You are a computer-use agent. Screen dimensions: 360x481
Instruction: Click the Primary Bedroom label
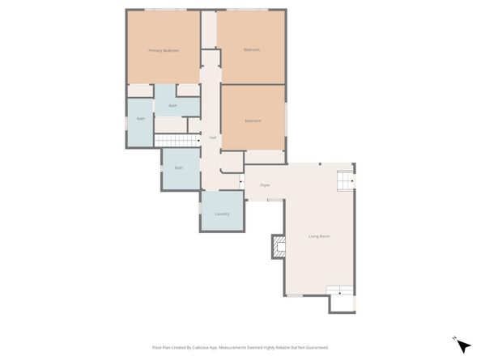click(163, 50)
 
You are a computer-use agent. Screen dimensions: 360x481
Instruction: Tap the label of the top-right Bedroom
click(252, 50)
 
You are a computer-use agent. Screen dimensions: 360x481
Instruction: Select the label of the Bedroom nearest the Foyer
click(253, 121)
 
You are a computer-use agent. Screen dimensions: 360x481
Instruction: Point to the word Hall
click(212, 138)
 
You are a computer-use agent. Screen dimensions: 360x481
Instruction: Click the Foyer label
click(264, 185)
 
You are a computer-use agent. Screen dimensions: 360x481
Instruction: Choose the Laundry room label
click(222, 214)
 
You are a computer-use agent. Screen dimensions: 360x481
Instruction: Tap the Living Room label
click(318, 236)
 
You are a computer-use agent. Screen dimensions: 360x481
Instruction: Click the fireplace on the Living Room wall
click(277, 246)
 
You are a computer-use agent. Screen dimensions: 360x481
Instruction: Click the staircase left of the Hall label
click(177, 142)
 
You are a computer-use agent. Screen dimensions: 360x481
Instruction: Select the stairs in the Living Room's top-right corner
click(346, 180)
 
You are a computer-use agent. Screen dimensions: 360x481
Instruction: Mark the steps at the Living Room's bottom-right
click(340, 290)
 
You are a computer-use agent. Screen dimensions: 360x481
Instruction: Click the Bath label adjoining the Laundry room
click(178, 167)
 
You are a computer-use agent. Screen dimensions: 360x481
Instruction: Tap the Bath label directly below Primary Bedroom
click(172, 106)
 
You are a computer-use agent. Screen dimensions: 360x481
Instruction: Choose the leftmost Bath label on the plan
click(140, 119)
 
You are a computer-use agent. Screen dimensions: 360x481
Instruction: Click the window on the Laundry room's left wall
click(200, 210)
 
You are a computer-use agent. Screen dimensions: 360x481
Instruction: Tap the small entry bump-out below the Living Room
click(342, 304)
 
